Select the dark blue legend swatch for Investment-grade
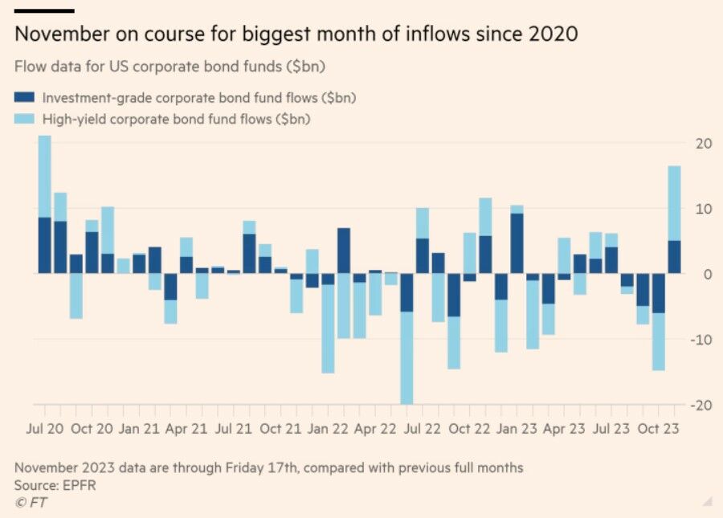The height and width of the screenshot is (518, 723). [x=26, y=97]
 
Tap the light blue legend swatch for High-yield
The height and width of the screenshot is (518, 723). [x=26, y=119]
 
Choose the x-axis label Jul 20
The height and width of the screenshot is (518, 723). [x=45, y=429]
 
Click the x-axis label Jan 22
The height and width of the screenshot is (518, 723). [x=329, y=429]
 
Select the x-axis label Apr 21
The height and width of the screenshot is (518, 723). [x=186, y=429]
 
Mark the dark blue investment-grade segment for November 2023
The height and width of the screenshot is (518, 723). [x=674, y=257]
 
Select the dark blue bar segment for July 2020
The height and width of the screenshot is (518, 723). [x=45, y=245]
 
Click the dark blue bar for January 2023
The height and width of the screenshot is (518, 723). [x=517, y=243]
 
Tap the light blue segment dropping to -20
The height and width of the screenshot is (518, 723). [x=406, y=358]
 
